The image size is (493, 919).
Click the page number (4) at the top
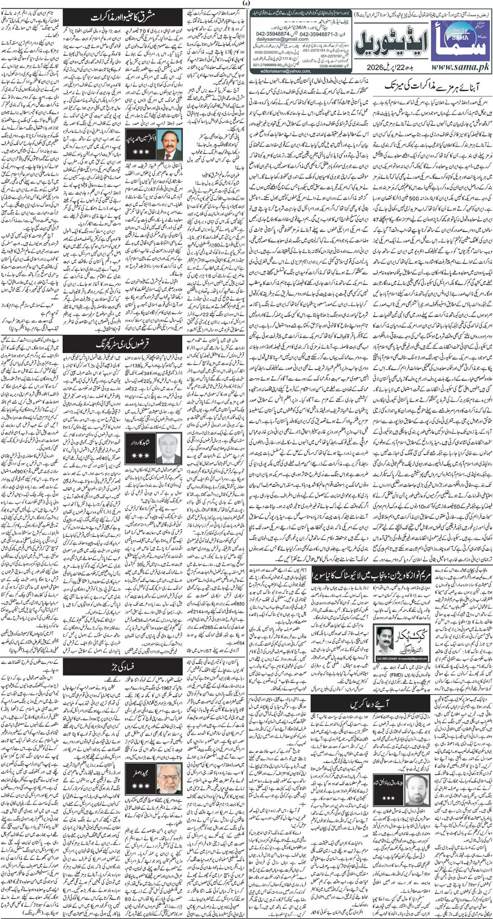pos(246,4)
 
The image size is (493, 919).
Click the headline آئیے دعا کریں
pos(370,704)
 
